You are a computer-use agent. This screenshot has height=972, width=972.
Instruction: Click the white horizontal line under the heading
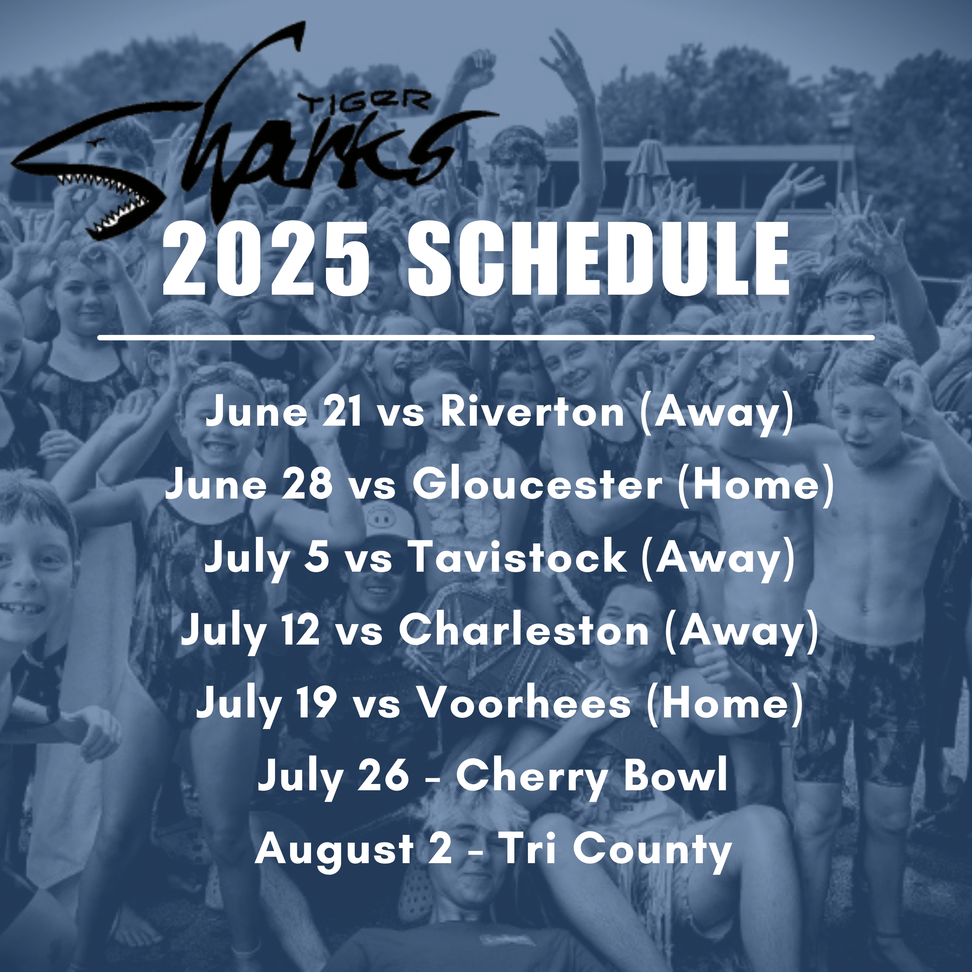pyautogui.click(x=486, y=337)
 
